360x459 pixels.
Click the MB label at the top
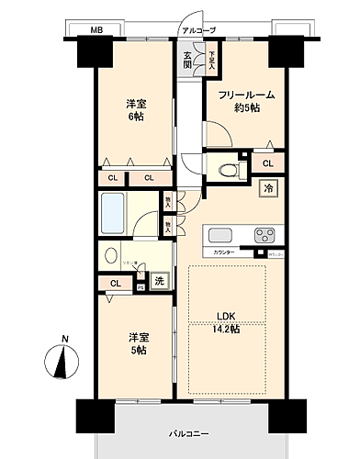(96, 30)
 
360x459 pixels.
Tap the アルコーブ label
(199, 30)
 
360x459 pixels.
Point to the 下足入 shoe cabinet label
(210, 61)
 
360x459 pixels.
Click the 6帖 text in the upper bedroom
(135, 118)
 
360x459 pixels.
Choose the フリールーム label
(247, 95)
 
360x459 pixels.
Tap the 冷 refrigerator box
(268, 188)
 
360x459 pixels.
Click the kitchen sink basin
(222, 232)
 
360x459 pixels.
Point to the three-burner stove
(265, 232)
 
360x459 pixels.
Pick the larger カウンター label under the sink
(222, 251)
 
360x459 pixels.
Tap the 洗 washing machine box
(159, 281)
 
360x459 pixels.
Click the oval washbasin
(111, 256)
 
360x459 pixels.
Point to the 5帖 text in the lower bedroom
(135, 349)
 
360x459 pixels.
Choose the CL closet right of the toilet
(267, 163)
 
